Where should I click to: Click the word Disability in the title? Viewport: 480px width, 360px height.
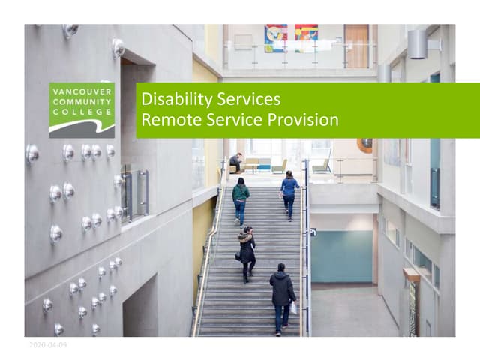tap(172, 99)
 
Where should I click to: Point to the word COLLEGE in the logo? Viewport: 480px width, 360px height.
tap(82, 112)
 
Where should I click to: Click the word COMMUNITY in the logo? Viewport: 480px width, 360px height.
tap(82, 101)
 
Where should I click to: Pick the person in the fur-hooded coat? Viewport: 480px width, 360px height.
tap(246, 253)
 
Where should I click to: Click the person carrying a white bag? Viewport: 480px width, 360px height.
tap(282, 297)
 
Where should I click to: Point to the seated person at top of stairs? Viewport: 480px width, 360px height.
tap(236, 161)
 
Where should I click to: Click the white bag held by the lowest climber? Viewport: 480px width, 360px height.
tap(293, 307)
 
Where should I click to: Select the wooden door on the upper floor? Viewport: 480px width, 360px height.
tap(356, 46)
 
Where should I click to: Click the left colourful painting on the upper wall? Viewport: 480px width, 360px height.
tap(275, 37)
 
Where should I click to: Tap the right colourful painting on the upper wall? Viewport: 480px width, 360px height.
tap(306, 37)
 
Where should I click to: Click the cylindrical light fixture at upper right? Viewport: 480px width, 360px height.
tap(418, 44)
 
